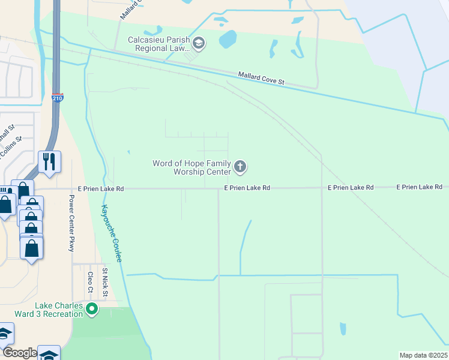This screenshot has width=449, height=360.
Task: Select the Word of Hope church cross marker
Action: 240,167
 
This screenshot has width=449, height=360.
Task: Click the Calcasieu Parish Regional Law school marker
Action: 199,43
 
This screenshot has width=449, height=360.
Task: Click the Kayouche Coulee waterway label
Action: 111,233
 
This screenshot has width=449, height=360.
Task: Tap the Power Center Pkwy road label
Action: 71,223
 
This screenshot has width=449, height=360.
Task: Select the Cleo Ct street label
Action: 91,282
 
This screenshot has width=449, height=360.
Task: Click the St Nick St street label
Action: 104,282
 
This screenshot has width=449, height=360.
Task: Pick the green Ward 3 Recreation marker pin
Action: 92,310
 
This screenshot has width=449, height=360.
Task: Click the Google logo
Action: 19,353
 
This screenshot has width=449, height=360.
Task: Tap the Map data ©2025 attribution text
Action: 424,355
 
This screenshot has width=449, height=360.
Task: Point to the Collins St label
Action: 11,148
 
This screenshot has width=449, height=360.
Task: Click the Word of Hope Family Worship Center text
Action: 192,167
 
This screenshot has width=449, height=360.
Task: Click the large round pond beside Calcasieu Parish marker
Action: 228,40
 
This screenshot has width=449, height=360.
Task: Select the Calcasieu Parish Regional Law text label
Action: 159,44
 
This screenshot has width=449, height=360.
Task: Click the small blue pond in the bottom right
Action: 343,329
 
